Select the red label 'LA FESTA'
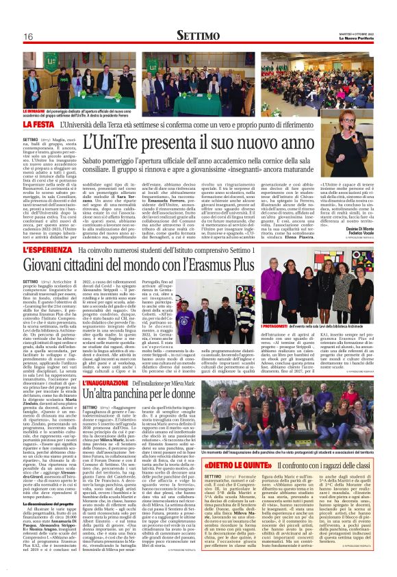pyautogui.click(x=38, y=126)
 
